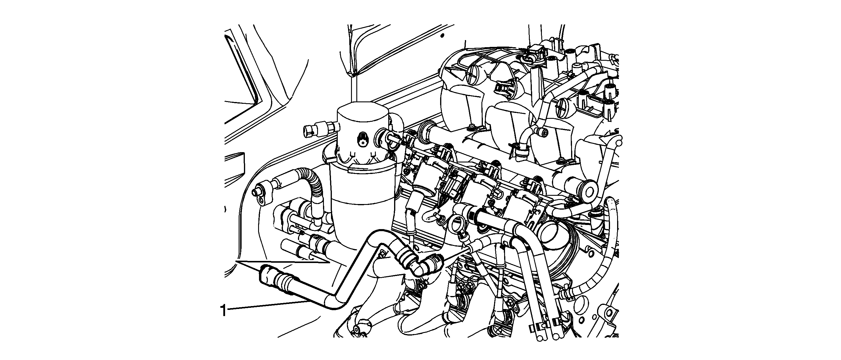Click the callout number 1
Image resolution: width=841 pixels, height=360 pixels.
(223, 310)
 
